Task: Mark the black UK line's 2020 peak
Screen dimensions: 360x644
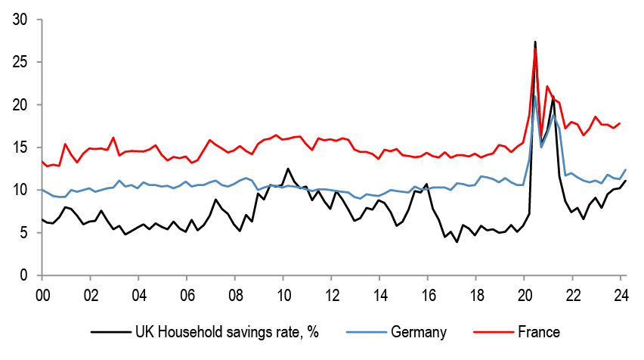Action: click(x=535, y=42)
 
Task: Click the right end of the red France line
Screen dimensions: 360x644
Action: click(x=621, y=123)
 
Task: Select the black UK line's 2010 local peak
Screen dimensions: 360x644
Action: click(x=288, y=169)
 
